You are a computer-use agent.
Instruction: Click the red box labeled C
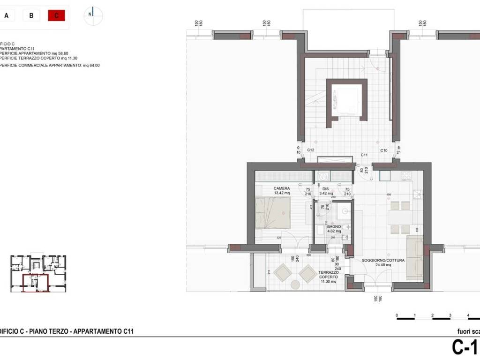56,15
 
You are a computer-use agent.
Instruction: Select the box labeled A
7,15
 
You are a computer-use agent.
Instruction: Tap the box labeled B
31,15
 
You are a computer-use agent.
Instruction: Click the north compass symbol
93,15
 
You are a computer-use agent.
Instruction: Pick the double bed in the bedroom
273,212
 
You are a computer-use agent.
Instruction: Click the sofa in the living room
414,258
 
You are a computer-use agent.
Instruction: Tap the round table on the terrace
295,285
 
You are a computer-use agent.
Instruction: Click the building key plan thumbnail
38,273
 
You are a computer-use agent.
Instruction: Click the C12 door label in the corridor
310,150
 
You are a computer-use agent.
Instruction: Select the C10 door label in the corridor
383,150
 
